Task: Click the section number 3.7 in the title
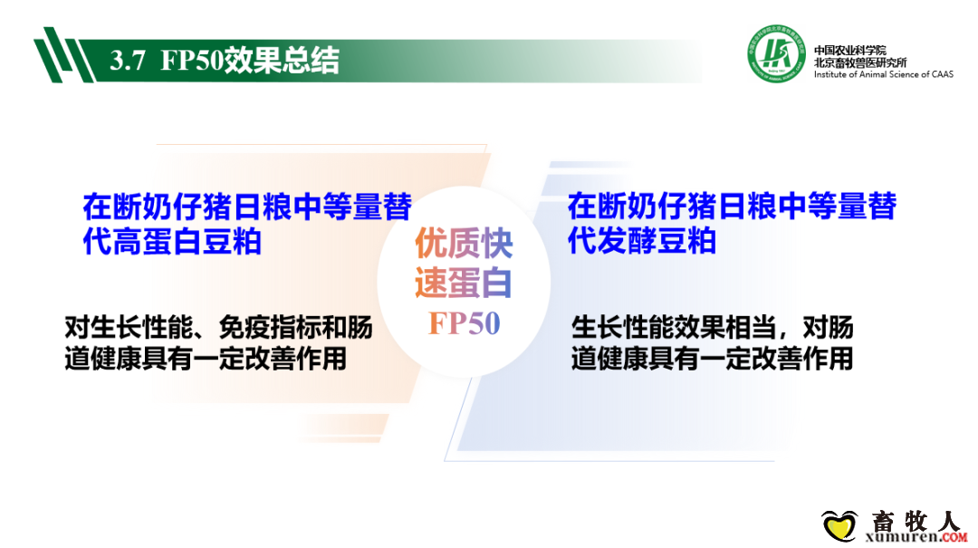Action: (128, 61)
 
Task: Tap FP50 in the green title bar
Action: (192, 61)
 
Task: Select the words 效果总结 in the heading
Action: (282, 61)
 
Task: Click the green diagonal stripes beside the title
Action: (63, 55)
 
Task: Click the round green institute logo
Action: (777, 54)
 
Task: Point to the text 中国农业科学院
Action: (849, 51)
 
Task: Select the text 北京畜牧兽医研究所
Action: (860, 62)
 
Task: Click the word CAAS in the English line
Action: (943, 74)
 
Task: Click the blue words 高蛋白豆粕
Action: (187, 242)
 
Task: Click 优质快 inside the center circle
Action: (464, 243)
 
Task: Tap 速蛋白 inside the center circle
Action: (464, 282)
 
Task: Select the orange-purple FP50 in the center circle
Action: (464, 323)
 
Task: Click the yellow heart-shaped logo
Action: (839, 525)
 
